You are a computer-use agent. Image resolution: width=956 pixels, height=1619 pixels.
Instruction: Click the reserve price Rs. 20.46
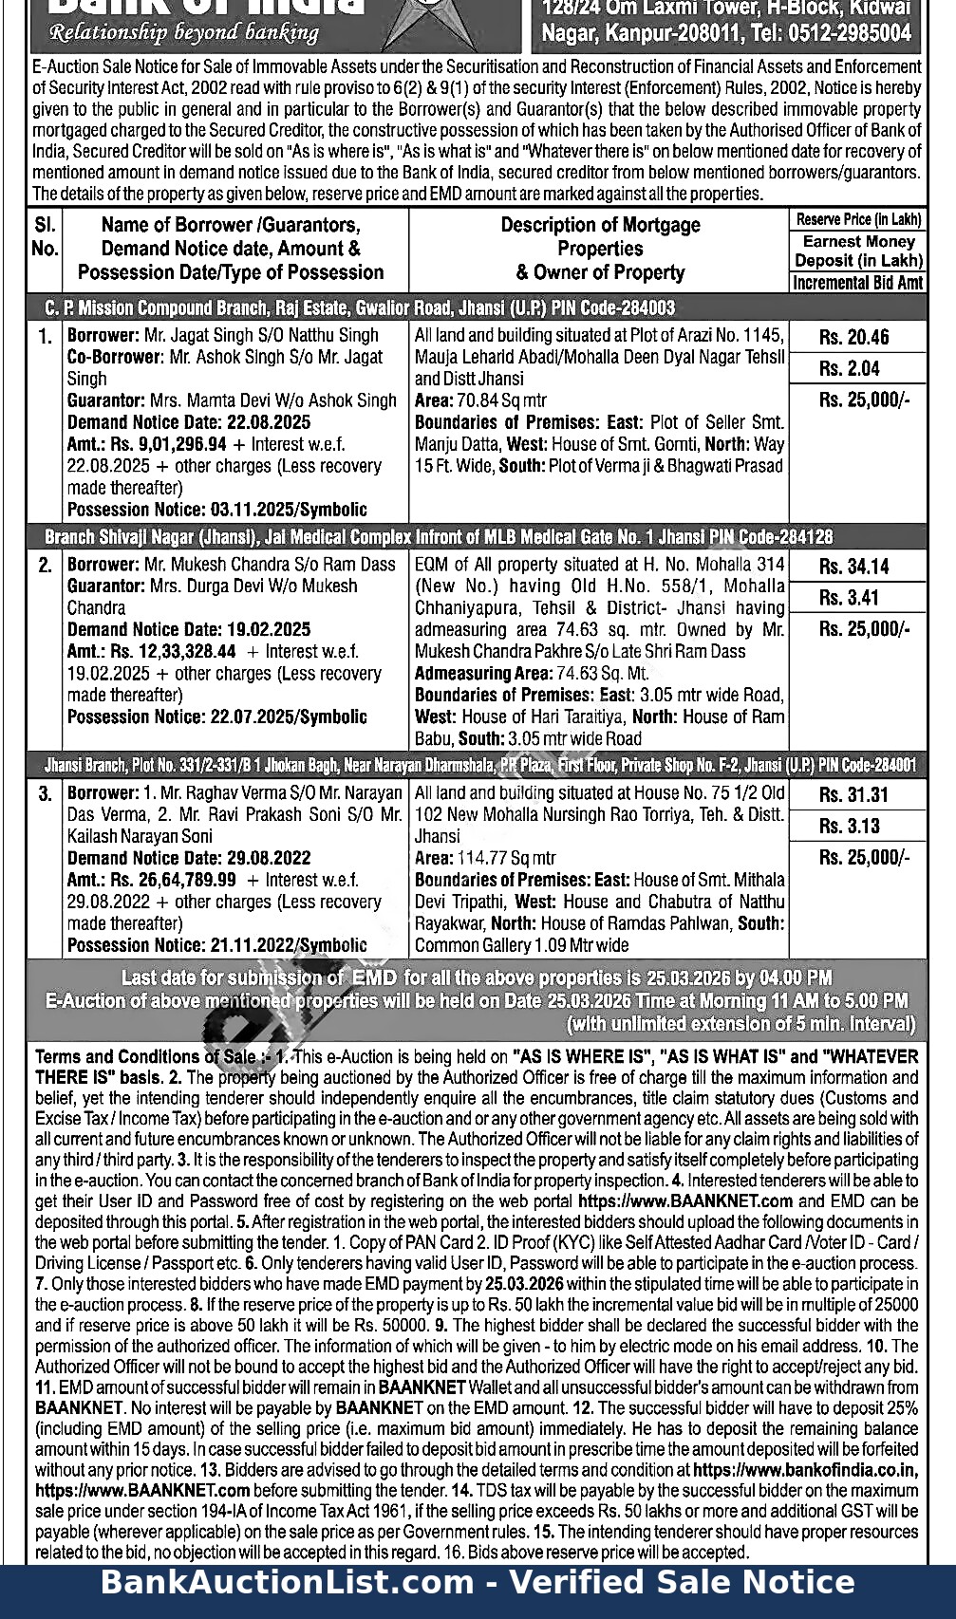coord(853,338)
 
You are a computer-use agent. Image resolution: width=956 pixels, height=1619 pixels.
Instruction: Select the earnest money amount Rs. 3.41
coord(849,598)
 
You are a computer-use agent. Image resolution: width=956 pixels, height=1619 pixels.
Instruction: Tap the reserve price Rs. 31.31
coord(853,795)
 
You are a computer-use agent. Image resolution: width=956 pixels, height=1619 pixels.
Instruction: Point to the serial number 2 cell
coord(45,566)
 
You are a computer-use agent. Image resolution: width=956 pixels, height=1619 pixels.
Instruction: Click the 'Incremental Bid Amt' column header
coord(857,283)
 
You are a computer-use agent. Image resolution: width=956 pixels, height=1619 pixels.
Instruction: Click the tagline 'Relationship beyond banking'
coord(184,33)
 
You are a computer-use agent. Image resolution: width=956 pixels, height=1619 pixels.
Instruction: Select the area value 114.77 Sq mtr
coord(506,858)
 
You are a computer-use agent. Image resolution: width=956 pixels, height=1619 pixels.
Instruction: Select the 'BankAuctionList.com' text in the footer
coord(287,1582)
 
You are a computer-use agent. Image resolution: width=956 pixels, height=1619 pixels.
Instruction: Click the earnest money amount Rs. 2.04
coord(849,369)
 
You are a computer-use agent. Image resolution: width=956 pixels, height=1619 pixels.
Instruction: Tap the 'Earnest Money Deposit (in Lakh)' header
coord(857,251)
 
